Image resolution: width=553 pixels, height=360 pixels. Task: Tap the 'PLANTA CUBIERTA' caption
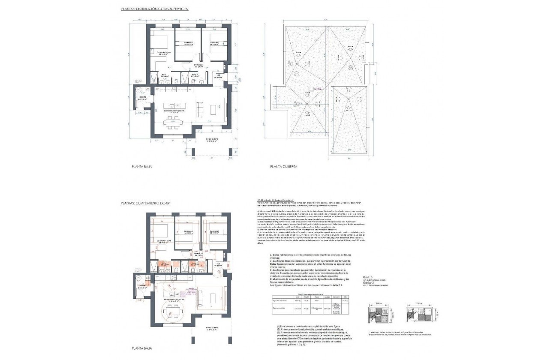pos(283,167)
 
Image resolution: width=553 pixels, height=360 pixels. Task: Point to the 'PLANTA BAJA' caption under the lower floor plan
pos(142,349)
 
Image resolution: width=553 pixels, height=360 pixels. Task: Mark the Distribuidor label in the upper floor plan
pos(198,66)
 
